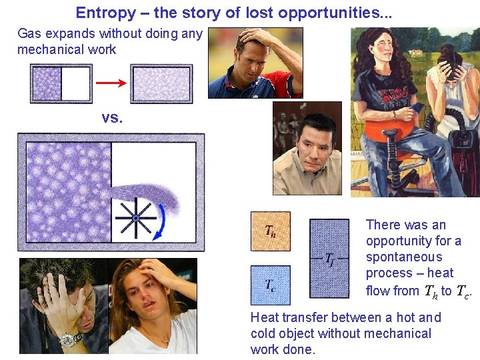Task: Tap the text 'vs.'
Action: (x=112, y=118)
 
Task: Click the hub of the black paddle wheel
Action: (x=135, y=217)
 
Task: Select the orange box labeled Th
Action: (x=270, y=231)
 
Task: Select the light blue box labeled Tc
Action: (x=270, y=285)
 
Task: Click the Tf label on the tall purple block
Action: (x=329, y=258)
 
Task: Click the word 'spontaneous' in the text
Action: (x=403, y=257)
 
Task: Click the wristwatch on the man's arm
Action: (x=69, y=340)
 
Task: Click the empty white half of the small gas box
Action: (x=76, y=84)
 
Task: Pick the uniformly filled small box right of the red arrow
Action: (x=161, y=84)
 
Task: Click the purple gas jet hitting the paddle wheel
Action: (x=157, y=197)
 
